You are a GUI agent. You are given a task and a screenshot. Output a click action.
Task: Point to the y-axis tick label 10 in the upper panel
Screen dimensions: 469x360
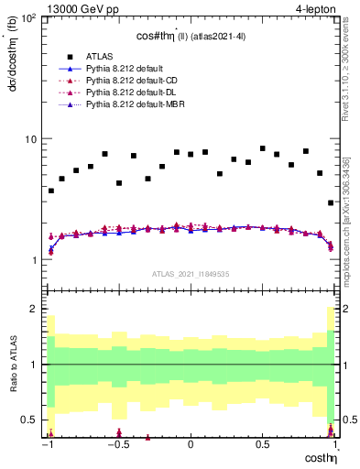pos(29,139)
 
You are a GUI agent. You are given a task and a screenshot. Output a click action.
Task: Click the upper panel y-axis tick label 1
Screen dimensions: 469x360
pos(34,260)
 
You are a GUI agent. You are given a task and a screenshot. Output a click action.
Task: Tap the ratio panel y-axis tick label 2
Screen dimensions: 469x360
pos(34,310)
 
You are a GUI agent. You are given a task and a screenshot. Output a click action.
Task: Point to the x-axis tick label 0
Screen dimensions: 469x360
pos(191,445)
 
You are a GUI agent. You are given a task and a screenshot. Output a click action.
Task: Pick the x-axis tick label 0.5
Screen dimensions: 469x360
pos(263,445)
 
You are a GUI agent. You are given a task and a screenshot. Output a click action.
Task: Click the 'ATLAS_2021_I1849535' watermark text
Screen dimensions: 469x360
pos(191,274)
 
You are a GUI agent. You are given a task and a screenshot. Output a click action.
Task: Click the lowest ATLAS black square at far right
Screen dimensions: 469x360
pos(331,202)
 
